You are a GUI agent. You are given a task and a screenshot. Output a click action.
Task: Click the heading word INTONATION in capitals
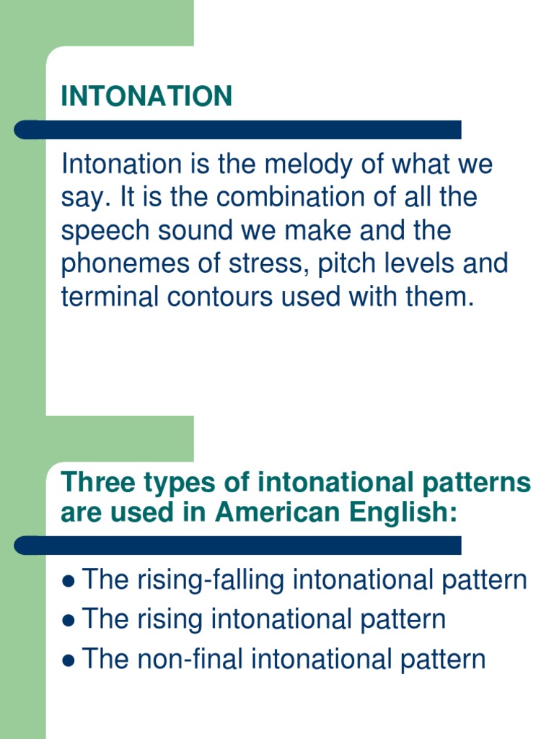click(x=146, y=96)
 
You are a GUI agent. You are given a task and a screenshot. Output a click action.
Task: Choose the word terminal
click(x=104, y=297)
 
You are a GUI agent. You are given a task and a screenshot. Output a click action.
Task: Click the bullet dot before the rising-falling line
click(x=69, y=581)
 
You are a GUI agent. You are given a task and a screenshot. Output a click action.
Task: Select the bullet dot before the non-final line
click(x=69, y=660)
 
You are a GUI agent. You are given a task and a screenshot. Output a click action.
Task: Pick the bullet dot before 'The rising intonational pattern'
click(x=69, y=621)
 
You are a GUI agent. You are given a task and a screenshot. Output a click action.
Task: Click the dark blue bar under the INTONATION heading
click(x=238, y=130)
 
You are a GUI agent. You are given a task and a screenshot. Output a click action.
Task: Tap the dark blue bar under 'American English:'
click(x=238, y=546)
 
